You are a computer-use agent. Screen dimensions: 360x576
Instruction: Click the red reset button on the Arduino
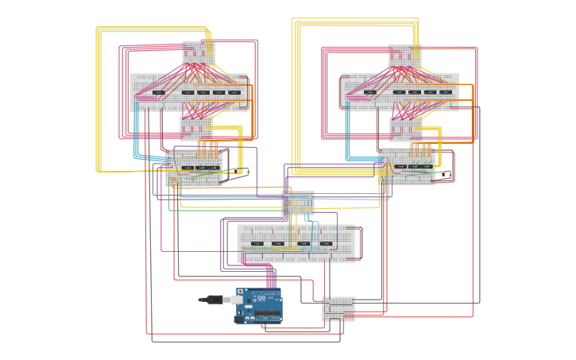[x=240, y=292]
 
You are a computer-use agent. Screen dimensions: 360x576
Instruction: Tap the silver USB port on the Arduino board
[x=238, y=300]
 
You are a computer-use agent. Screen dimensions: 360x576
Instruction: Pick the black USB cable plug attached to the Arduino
[x=211, y=300]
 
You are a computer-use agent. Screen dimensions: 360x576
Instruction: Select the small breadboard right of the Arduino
[x=338, y=308]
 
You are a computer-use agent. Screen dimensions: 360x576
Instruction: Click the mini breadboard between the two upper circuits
[x=298, y=203]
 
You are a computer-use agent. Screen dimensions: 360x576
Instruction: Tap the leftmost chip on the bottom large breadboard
[x=257, y=243]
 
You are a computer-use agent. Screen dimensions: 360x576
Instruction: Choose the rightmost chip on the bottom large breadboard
[x=327, y=243]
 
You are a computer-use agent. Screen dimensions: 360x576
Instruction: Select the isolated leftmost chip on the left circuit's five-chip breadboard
[x=158, y=92]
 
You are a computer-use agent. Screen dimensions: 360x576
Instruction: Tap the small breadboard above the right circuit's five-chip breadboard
[x=404, y=56]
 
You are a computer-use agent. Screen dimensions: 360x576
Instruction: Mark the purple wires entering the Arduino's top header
[x=271, y=278]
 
